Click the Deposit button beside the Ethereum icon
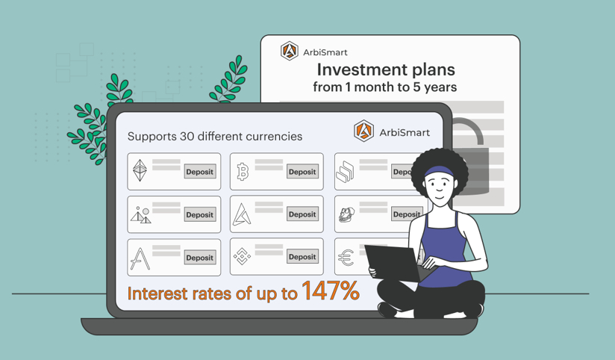[x=200, y=172]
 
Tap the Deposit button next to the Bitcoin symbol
[x=302, y=172]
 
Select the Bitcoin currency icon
[x=243, y=172]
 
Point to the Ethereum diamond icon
[x=140, y=170]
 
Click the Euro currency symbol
[x=346, y=258]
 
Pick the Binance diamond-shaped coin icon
[x=242, y=256]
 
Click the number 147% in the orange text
[x=330, y=291]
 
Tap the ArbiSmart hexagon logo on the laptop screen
[x=363, y=131]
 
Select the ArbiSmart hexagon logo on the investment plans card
[x=290, y=51]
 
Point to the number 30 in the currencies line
[x=187, y=136]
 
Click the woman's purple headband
[x=440, y=172]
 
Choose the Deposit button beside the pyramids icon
[x=200, y=215]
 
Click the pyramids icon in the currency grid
[x=141, y=215]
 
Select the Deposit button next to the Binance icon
[x=302, y=257]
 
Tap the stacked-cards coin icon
[x=345, y=172]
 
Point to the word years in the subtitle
[x=440, y=87]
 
